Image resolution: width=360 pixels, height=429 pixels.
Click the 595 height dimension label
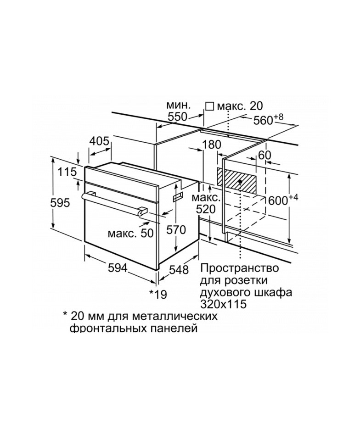pos(60,202)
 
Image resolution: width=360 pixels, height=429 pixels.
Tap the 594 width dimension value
pos(118,268)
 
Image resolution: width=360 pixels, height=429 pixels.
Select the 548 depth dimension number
pos(179,270)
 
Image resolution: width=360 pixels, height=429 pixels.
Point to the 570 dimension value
pos(176,230)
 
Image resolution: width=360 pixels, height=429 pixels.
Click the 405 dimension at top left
pos(100,141)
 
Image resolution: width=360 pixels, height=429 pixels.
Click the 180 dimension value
pos(211,145)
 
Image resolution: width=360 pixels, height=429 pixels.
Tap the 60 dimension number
pos(264,156)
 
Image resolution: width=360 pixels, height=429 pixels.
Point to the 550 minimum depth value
pos(177,117)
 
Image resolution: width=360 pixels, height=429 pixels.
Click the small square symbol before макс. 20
pos(210,106)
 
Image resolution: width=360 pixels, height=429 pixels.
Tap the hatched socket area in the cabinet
pos(236,181)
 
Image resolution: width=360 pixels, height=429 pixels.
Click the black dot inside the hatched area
pos(240,181)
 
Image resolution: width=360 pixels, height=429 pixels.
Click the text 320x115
pos(224,304)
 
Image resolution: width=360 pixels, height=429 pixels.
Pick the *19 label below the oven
pos(157,294)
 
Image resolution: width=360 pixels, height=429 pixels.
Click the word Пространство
pos(240,268)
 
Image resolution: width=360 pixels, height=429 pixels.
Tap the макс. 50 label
pos(130,233)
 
